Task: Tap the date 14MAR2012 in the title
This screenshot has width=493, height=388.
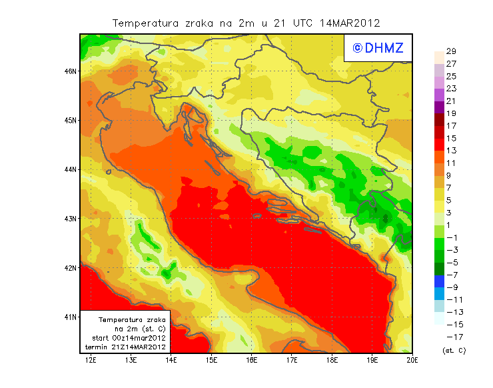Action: coord(350,23)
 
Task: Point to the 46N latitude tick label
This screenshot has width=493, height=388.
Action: coord(72,71)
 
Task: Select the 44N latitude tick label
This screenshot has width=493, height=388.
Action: coord(72,169)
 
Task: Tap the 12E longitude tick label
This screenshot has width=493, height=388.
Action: coord(91,361)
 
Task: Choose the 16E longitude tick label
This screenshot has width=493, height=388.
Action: coord(252,361)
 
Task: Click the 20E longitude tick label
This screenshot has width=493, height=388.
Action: coord(412,361)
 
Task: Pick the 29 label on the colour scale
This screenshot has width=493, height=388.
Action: coord(451,52)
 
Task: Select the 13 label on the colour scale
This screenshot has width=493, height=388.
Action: coord(451,151)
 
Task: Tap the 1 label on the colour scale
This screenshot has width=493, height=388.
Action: coord(449,225)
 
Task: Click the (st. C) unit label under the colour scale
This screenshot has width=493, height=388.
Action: coord(454,350)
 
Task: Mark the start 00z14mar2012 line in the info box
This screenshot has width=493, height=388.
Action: coord(129,338)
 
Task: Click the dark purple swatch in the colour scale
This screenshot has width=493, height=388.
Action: coord(438,107)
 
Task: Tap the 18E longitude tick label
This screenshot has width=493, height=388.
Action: coord(332,361)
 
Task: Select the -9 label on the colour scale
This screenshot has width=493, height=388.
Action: coord(451,287)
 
